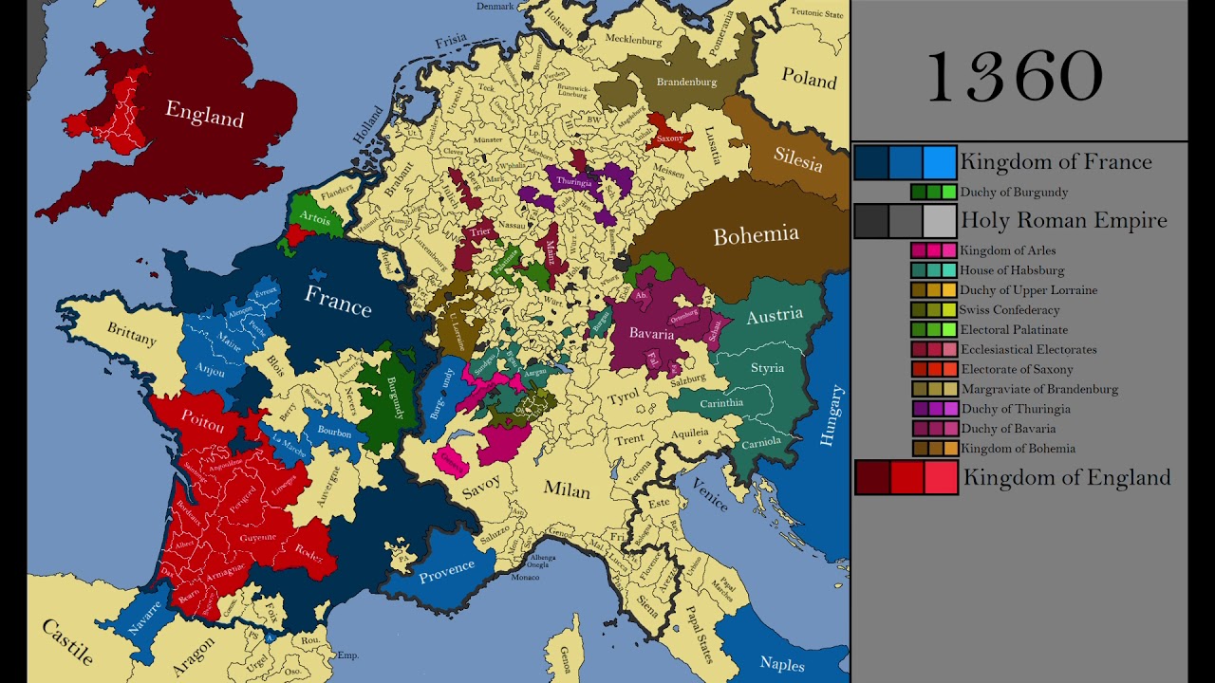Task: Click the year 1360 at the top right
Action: (1015, 76)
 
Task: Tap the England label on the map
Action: (204, 114)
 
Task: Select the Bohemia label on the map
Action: (756, 234)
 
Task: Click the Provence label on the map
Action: (446, 568)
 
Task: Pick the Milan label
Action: (567, 489)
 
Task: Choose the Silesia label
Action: (797, 160)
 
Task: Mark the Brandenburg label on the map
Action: (686, 83)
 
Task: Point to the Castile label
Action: (67, 641)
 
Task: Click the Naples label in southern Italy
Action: (781, 663)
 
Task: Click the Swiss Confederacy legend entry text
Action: (1009, 310)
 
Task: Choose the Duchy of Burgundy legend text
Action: (1014, 192)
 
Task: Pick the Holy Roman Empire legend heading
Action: (1064, 221)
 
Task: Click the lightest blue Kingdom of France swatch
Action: (939, 162)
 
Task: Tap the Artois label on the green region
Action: (314, 219)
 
